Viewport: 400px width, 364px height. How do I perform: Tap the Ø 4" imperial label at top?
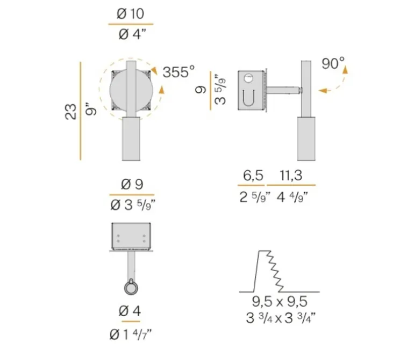131,34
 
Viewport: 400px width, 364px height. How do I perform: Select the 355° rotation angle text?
178,72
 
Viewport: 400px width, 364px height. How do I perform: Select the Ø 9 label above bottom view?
132,184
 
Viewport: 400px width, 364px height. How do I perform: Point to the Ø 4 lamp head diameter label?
131,310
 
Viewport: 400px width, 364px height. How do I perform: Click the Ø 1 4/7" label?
131,334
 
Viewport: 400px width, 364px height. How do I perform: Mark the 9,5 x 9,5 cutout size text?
279,301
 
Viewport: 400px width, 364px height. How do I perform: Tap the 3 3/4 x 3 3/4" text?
279,317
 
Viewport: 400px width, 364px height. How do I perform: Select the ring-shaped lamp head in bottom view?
131,288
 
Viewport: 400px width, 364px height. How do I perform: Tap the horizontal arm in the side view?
283,90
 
